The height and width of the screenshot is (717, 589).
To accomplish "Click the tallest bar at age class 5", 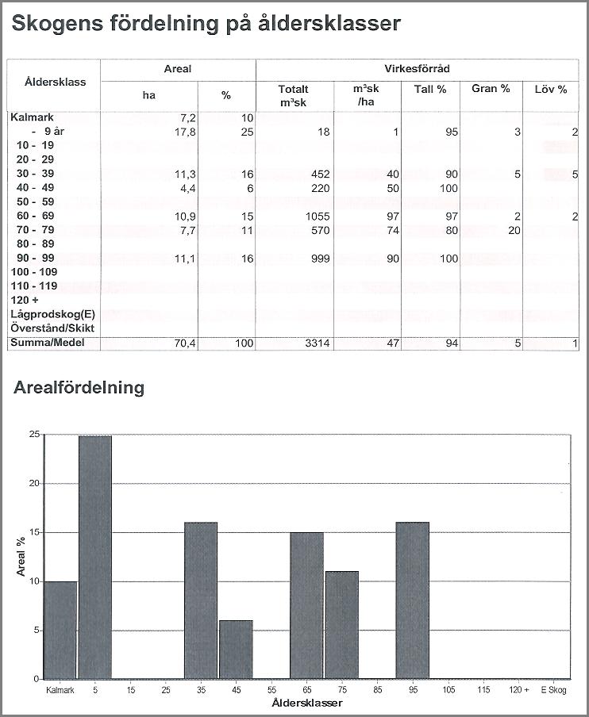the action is pyautogui.click(x=95, y=557).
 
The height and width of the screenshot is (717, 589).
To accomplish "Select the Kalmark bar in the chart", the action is pyautogui.click(x=60, y=630).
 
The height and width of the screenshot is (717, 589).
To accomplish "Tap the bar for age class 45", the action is pyautogui.click(x=236, y=650).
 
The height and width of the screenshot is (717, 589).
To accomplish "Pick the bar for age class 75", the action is pyautogui.click(x=342, y=625).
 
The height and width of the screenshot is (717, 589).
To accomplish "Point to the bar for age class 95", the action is pyautogui.click(x=413, y=600).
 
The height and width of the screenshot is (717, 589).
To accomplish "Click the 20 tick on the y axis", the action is pyautogui.click(x=35, y=483).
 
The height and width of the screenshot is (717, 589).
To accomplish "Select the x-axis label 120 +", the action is pyautogui.click(x=519, y=689).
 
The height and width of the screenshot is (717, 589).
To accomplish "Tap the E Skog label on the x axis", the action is pyautogui.click(x=553, y=689).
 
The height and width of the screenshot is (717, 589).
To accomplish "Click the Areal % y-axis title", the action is pyautogui.click(x=21, y=556).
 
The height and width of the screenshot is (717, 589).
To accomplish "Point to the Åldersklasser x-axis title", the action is pyautogui.click(x=307, y=703).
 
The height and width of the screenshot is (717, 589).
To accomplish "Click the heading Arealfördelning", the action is pyautogui.click(x=79, y=387).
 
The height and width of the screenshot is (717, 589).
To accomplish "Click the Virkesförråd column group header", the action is pyautogui.click(x=417, y=69).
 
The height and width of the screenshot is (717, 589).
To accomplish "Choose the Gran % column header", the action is pyautogui.click(x=491, y=89).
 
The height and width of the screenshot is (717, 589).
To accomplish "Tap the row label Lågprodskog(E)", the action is pyautogui.click(x=53, y=314).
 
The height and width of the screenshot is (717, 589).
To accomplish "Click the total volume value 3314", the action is pyautogui.click(x=318, y=343).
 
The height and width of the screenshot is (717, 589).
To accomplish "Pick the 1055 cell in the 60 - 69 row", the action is pyautogui.click(x=318, y=217).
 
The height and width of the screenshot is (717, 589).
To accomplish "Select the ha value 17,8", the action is pyautogui.click(x=185, y=132).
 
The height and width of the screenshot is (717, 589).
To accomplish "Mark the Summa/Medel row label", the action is pyautogui.click(x=48, y=343).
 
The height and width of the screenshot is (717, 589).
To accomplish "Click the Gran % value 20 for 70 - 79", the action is pyautogui.click(x=514, y=231).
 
